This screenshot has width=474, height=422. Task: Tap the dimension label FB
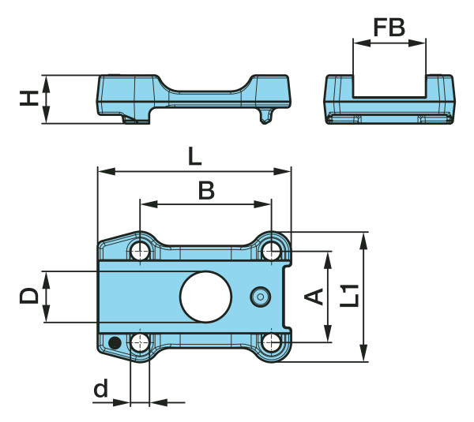pos(389,28)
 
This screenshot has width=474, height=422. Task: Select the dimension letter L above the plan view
pos(194,156)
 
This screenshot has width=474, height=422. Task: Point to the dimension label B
pos(205,190)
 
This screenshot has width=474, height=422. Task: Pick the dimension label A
pos(314,297)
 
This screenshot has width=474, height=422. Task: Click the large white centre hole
pos(205,297)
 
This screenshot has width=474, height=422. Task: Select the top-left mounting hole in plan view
pos(141,252)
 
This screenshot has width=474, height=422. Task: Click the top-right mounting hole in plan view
pos(273,252)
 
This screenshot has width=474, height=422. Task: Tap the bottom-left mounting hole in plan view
pos(141,342)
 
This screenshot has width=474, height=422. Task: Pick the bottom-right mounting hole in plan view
pos(273,342)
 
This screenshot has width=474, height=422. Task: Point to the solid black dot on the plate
pos(115,342)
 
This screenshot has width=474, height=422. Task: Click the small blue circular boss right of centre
pos(260,297)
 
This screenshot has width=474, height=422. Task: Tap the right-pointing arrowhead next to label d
pos(122,402)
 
